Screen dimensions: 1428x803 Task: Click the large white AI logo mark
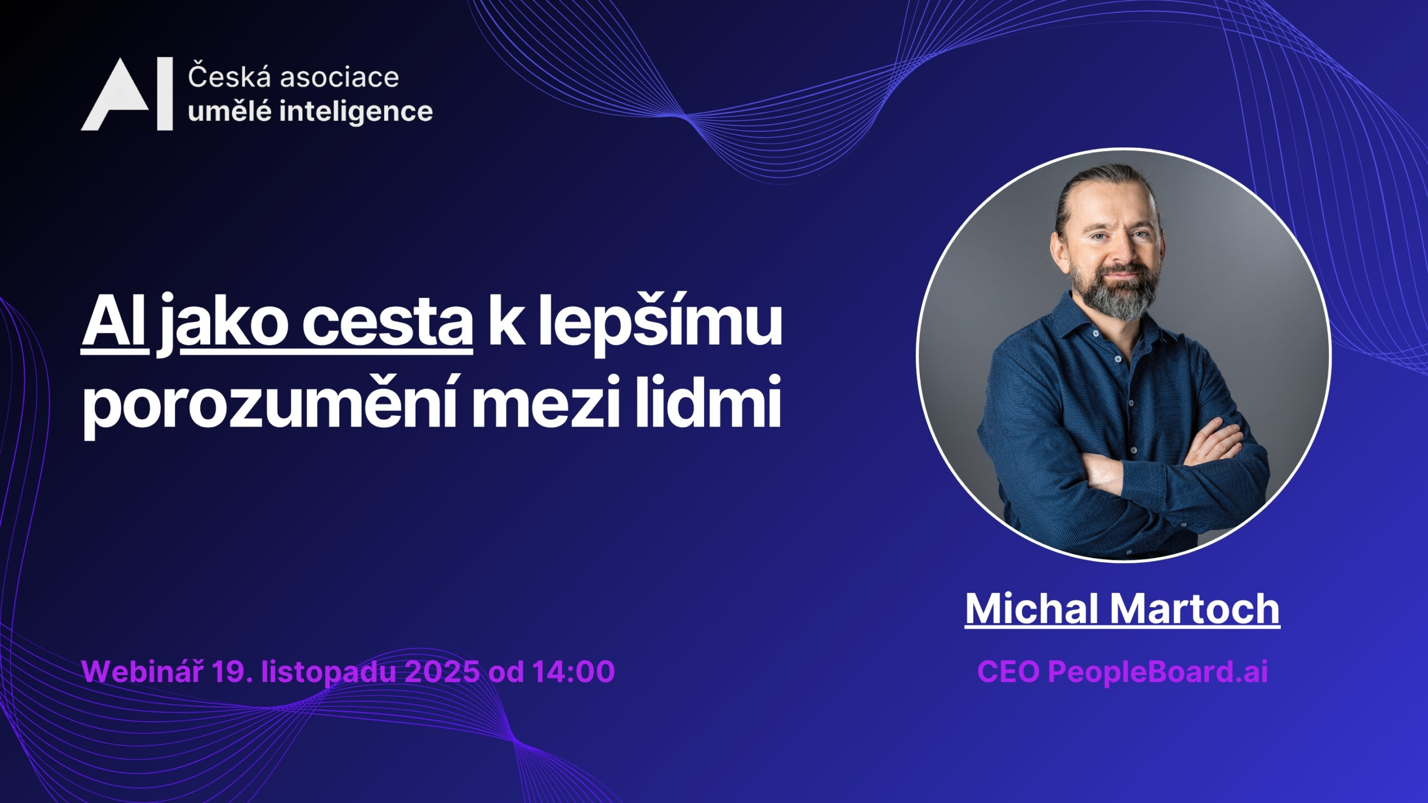[127, 94]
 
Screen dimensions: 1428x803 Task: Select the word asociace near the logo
[339, 78]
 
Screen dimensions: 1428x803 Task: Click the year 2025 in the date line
[441, 671]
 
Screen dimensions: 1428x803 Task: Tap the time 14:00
[573, 671]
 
